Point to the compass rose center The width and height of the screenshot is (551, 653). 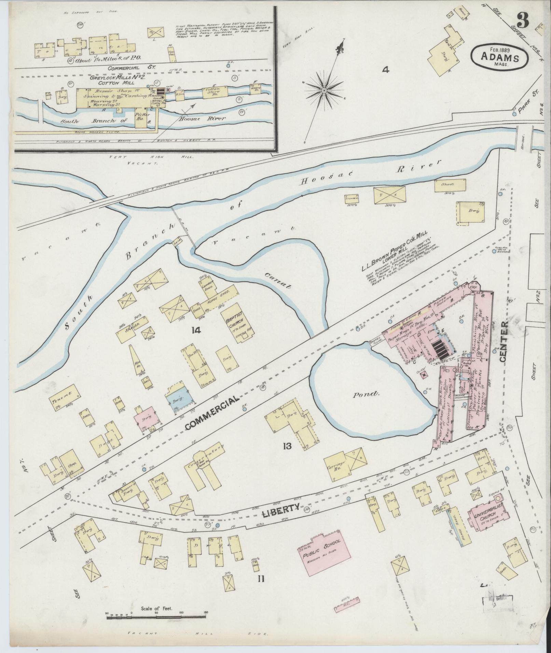(323, 90)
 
